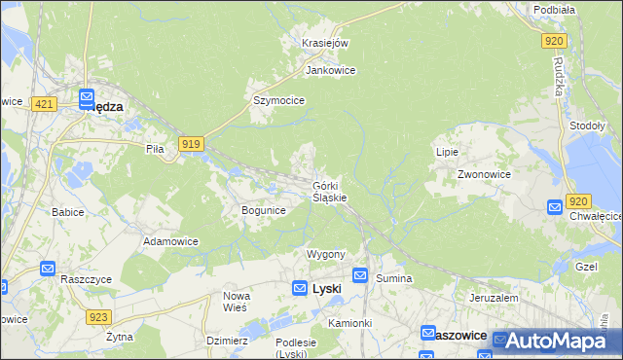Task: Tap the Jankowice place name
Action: pyautogui.click(x=330, y=71)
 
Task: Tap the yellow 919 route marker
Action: pyautogui.click(x=191, y=144)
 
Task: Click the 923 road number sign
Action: pyautogui.click(x=97, y=317)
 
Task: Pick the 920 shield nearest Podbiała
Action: pyautogui.click(x=554, y=40)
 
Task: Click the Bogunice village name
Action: pyautogui.click(x=263, y=210)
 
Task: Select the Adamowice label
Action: pyautogui.click(x=170, y=241)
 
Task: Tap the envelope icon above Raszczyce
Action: pyautogui.click(x=48, y=268)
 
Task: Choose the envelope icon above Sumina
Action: pyautogui.click(x=360, y=276)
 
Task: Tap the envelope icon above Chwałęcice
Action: pyautogui.click(x=555, y=206)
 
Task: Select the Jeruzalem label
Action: pyautogui.click(x=491, y=298)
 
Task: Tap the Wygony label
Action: pyautogui.click(x=326, y=254)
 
